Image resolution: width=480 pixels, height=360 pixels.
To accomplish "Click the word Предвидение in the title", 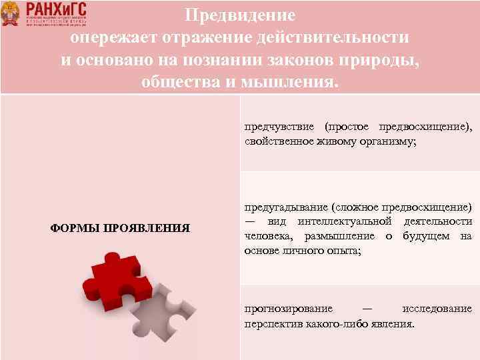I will pos(240,14).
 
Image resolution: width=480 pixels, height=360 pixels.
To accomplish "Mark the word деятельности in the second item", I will pos(437,221).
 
